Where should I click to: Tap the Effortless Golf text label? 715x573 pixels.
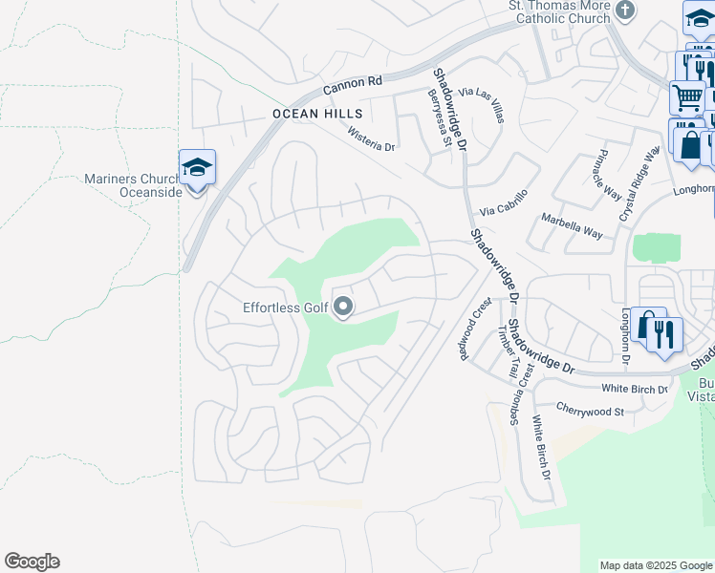(x=286, y=308)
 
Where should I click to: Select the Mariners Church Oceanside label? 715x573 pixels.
(x=133, y=184)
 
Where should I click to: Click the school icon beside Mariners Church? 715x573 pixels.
(x=197, y=168)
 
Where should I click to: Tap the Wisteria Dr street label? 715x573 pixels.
(x=371, y=138)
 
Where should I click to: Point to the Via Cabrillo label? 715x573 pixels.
(x=503, y=210)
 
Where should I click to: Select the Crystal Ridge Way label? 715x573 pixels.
(x=639, y=184)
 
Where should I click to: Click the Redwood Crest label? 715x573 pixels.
(x=475, y=328)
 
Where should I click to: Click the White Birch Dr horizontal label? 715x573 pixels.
(x=635, y=389)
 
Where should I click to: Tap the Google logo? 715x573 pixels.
(x=32, y=562)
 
